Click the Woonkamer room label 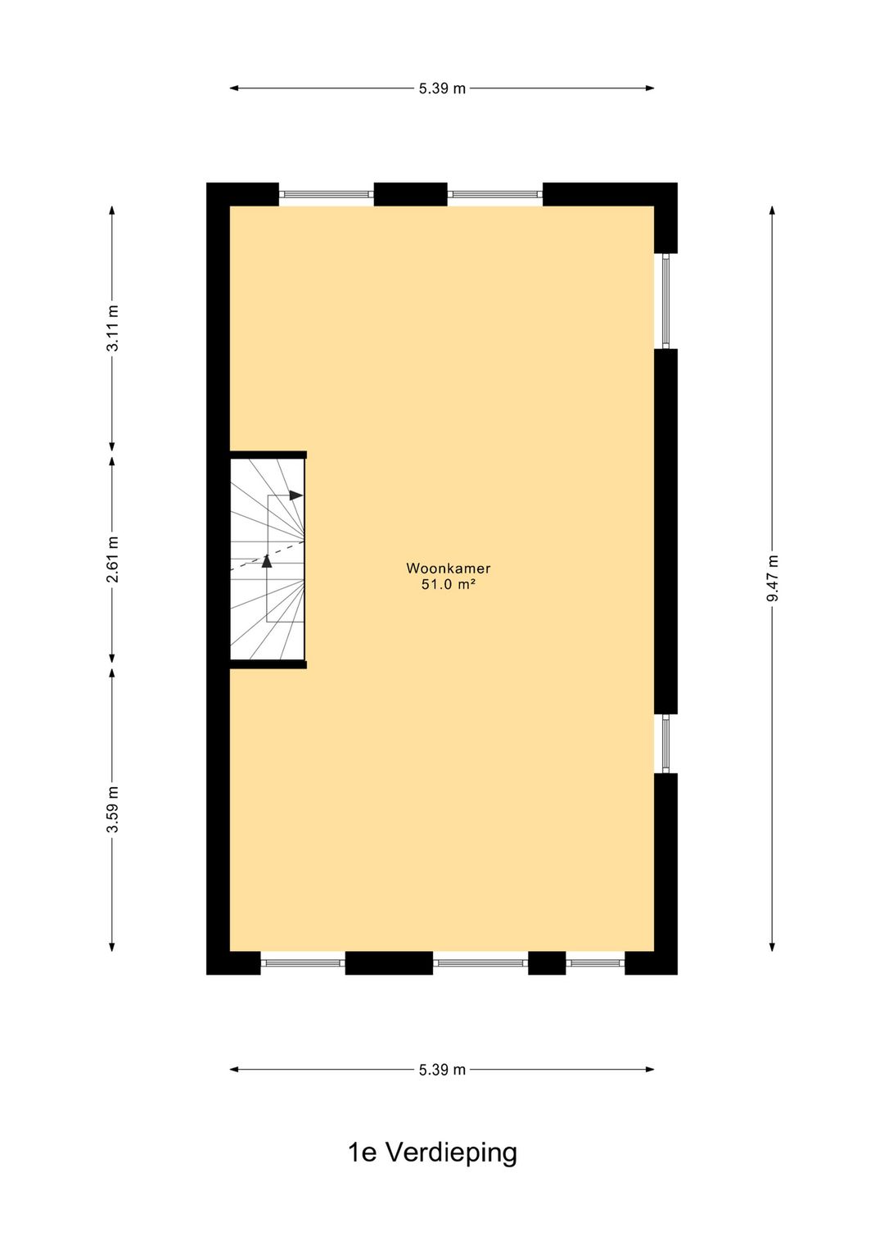coord(448,568)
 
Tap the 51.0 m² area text coord(448,585)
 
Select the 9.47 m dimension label coord(773,578)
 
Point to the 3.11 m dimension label coord(113,328)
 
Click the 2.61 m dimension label coord(113,559)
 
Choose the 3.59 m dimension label coord(113,809)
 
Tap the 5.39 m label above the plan coord(442,88)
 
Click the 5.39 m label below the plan coord(442,1070)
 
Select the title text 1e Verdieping coord(432,1153)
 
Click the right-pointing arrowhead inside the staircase coord(296,496)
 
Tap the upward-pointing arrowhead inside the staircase coord(267,561)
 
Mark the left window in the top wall coord(326,195)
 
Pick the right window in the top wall coord(494,195)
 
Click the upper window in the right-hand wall coord(665,301)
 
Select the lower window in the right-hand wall coord(665,744)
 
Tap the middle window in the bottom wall coord(480,962)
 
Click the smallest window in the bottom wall coord(595,962)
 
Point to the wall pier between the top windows coord(410,194)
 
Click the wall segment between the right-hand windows coord(665,531)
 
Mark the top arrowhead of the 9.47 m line coord(772,211)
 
